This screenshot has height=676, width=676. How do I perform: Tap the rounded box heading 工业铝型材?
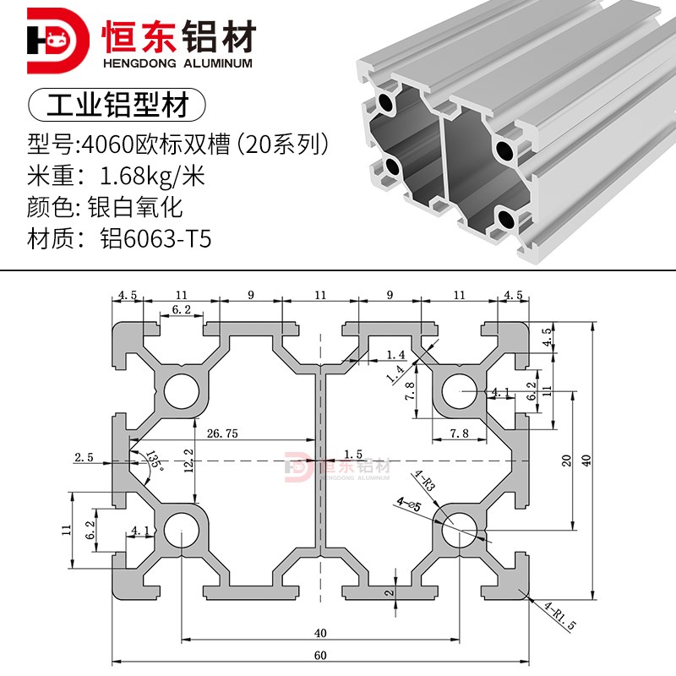coord(117,106)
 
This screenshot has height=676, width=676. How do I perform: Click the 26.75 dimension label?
coord(221,433)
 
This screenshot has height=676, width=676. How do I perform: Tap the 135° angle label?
coord(155,460)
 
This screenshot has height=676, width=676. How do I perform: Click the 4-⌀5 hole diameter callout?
coord(408,504)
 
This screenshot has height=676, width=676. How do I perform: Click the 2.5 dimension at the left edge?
coord(84,457)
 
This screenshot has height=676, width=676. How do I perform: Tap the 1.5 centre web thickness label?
coord(353,454)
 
